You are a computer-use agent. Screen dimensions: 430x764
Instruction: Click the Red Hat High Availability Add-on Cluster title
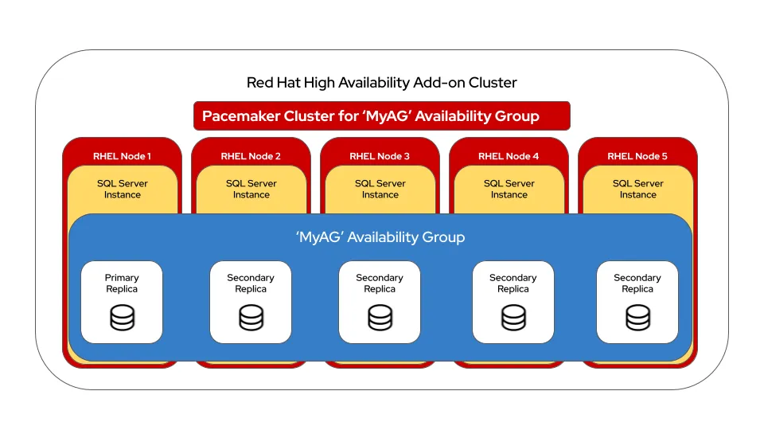pos(381,83)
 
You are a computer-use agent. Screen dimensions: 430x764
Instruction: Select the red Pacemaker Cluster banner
pos(381,116)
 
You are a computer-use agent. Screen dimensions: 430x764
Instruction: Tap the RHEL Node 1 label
pos(122,156)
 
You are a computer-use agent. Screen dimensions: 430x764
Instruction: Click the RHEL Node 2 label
pos(251,156)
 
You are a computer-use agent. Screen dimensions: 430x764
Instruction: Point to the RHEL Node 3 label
pos(380,156)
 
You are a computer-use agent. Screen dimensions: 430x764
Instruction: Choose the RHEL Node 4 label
pos(509,156)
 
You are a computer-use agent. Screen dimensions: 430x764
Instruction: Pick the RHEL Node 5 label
pos(637,156)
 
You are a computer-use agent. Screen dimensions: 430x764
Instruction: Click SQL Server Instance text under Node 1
pos(123,189)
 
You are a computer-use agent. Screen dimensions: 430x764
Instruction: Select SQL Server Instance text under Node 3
pos(380,189)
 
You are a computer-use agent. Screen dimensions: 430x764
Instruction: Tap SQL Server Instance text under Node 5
pos(638,189)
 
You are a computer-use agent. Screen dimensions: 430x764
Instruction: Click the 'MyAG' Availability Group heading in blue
pos(380,237)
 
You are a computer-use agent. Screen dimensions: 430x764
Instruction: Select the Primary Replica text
pos(122,283)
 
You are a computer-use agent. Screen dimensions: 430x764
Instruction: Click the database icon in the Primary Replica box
pos(122,318)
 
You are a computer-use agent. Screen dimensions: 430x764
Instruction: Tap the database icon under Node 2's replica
pos(251,318)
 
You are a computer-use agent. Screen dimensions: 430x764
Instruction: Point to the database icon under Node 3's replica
pos(380,318)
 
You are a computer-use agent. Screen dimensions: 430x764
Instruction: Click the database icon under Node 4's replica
pos(513,318)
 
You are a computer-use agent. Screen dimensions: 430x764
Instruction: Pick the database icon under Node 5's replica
pos(637,318)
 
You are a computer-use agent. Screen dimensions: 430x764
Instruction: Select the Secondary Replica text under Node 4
pos(513,283)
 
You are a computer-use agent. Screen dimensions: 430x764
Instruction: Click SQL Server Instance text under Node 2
pos(251,189)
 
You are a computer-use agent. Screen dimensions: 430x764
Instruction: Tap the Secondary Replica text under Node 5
pos(637,283)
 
